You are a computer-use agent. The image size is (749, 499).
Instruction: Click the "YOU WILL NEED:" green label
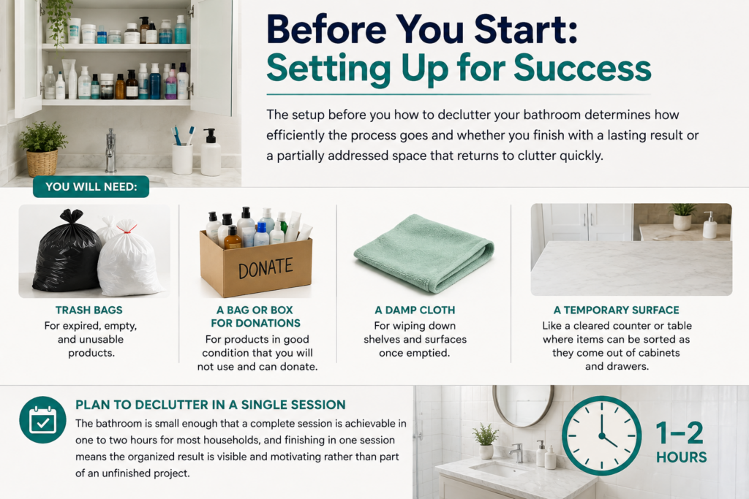tap(91, 186)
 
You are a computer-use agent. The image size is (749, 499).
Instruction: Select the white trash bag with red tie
tap(130, 258)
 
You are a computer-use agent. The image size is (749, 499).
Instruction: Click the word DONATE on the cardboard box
tap(265, 267)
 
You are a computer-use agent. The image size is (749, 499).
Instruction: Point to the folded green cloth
tap(424, 253)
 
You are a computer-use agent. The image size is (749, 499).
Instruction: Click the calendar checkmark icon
tap(43, 420)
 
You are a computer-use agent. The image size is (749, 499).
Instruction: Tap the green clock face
tap(601, 435)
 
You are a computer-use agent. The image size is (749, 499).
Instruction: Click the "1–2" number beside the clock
tap(680, 433)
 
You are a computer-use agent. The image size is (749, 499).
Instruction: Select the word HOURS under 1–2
tap(681, 457)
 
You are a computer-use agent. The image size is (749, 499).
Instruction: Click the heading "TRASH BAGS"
tap(89, 310)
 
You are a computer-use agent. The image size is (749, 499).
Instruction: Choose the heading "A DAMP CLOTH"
tap(415, 310)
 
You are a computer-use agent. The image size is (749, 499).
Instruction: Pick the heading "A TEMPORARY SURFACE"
tap(616, 310)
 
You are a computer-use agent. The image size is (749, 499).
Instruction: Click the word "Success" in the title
tap(582, 68)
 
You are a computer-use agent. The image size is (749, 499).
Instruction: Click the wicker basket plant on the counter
tap(42, 149)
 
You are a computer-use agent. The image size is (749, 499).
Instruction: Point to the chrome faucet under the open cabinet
tap(110, 151)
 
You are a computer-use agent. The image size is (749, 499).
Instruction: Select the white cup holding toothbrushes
tap(182, 158)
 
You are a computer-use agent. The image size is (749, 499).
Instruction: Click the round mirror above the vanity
tap(524, 405)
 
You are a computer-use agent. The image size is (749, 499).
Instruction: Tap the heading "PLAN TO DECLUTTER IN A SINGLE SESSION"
tap(210, 405)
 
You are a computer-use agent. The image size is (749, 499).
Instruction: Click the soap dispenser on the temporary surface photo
tap(710, 225)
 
